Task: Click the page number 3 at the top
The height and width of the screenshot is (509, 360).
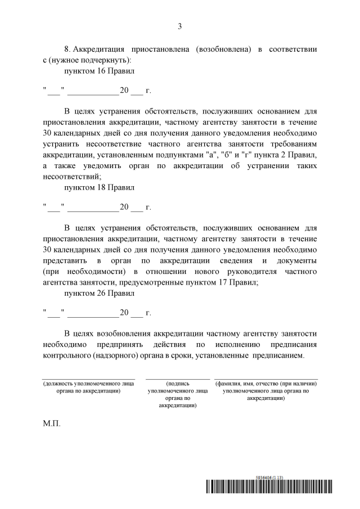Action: [180, 26]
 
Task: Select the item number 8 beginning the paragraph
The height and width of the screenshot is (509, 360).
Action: [67, 49]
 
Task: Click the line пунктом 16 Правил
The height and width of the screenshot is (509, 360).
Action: [99, 71]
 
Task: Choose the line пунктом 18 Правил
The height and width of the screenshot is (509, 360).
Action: [99, 187]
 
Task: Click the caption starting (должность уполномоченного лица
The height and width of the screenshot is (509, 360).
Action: [88, 386]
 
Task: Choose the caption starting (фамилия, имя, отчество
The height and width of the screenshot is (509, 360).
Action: [264, 386]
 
